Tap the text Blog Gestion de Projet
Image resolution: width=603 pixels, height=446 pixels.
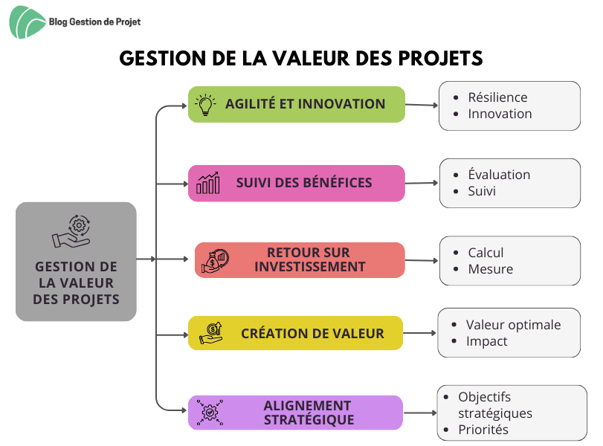coord(94,22)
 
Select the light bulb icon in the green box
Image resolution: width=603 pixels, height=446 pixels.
coord(205,105)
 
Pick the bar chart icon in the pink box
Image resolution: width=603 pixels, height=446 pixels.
coord(208,183)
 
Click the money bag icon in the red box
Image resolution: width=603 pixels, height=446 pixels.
coord(215,261)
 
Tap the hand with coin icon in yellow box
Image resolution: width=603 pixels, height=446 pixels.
coord(210,333)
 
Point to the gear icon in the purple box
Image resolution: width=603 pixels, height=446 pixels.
coord(210,413)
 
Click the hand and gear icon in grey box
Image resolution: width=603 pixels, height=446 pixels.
coord(71,231)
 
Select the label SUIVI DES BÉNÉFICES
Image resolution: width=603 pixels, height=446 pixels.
coord(304,183)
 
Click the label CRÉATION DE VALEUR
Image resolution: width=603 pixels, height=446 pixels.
coord(312,333)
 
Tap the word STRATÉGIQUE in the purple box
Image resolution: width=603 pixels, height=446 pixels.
coord(309,420)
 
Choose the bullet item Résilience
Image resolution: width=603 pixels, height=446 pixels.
coord(497,97)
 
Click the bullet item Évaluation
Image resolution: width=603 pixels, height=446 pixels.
coord(499,175)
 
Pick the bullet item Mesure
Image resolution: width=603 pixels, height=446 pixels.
coord(490,269)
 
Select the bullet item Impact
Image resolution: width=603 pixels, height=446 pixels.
coord(486,341)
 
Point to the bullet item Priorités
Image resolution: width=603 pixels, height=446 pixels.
coord(483,430)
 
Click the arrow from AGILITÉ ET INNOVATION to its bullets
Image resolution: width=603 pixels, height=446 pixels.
coord(422,105)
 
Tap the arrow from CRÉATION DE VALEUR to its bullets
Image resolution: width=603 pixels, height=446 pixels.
coord(419,333)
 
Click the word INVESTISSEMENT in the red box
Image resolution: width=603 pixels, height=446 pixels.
coord(309,266)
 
